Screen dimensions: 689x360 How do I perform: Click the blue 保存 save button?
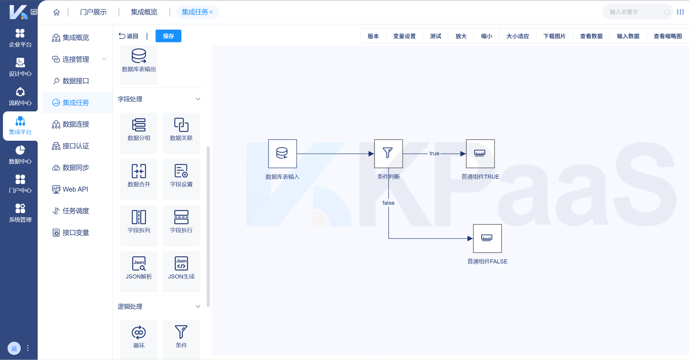(x=168, y=36)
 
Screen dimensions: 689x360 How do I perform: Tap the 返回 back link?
(x=129, y=36)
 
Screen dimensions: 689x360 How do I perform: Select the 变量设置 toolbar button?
(x=404, y=36)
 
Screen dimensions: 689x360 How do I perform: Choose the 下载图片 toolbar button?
(x=554, y=36)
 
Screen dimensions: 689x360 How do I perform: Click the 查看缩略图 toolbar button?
(x=667, y=36)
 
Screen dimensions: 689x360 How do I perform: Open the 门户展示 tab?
(x=93, y=12)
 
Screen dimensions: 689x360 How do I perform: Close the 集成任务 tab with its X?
(x=211, y=12)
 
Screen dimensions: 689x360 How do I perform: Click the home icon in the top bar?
(x=57, y=12)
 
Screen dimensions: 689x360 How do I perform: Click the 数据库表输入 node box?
(x=282, y=154)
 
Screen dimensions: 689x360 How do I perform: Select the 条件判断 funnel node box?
(x=388, y=154)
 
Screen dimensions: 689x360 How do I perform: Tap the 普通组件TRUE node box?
(x=480, y=154)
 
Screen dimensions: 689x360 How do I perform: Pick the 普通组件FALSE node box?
(x=487, y=238)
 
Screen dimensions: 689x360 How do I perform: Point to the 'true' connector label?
(x=434, y=153)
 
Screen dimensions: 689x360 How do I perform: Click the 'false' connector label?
(x=388, y=203)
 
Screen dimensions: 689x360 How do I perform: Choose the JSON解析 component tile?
(x=139, y=271)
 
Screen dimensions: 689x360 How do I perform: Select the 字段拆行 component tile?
(x=181, y=225)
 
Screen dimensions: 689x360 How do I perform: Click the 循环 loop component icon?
(x=139, y=333)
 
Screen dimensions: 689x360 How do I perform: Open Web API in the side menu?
(x=75, y=189)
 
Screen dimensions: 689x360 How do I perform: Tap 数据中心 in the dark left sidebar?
(x=20, y=155)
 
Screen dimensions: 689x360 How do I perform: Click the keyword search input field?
(x=635, y=12)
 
